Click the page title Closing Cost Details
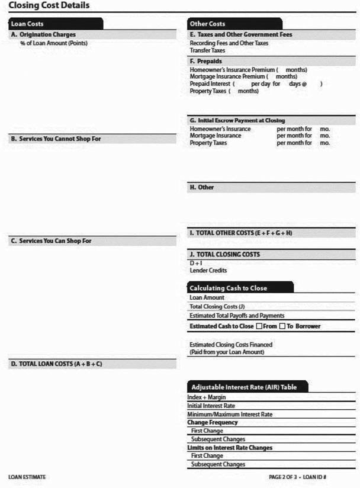point(49,6)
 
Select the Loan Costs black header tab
point(28,24)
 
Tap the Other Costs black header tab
point(207,24)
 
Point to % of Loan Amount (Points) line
point(54,43)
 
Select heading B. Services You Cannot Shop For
point(60,139)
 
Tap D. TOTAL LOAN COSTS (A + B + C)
point(57,363)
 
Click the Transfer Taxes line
point(207,50)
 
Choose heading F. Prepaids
point(205,61)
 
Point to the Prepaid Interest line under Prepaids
point(212,84)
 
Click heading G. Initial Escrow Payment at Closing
point(237,120)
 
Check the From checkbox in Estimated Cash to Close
point(259,326)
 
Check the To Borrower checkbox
point(282,326)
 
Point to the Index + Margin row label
point(206,397)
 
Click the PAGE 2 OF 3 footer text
point(284,477)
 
